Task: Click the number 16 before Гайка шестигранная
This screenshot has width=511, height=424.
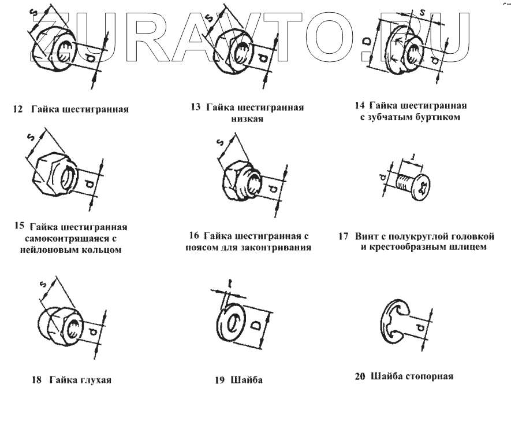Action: pyautogui.click(x=195, y=237)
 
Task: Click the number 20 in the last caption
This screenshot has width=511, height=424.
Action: pyautogui.click(x=360, y=377)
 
